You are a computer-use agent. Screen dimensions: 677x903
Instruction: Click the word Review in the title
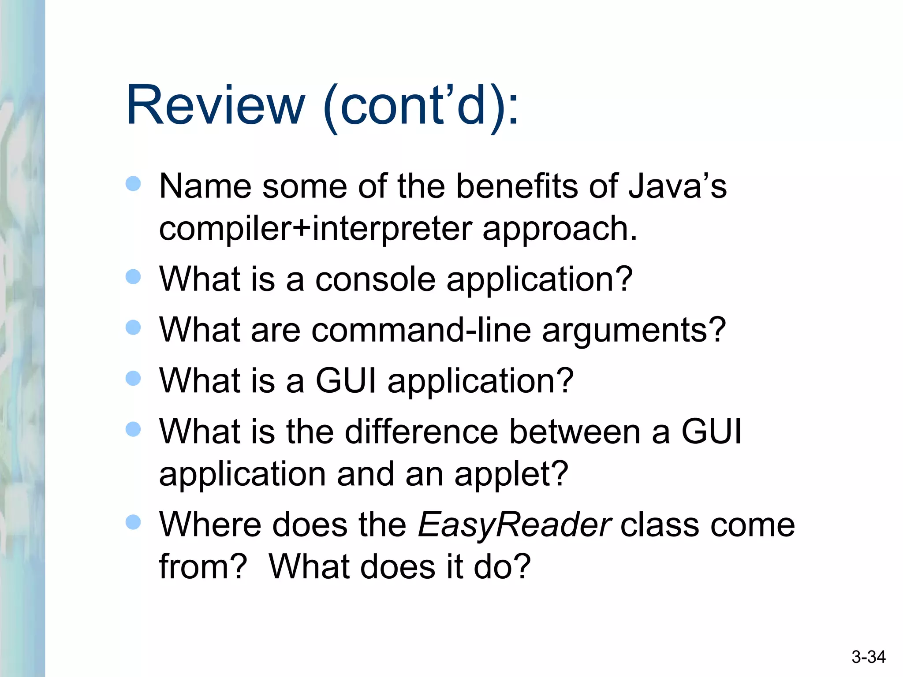tap(215, 106)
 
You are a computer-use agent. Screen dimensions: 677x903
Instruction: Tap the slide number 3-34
tap(868, 657)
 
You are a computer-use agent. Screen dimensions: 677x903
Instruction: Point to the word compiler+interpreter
tap(315, 229)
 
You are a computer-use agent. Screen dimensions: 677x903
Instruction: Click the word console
tap(375, 279)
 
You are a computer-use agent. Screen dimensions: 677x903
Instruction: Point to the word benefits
tap(516, 186)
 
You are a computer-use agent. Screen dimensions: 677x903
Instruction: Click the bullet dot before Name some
tap(133, 183)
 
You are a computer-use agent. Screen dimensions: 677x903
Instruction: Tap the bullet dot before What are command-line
tap(133, 327)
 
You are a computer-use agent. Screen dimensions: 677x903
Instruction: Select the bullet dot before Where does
tap(133, 522)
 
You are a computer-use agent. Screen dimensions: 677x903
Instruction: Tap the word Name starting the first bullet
tap(205, 186)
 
